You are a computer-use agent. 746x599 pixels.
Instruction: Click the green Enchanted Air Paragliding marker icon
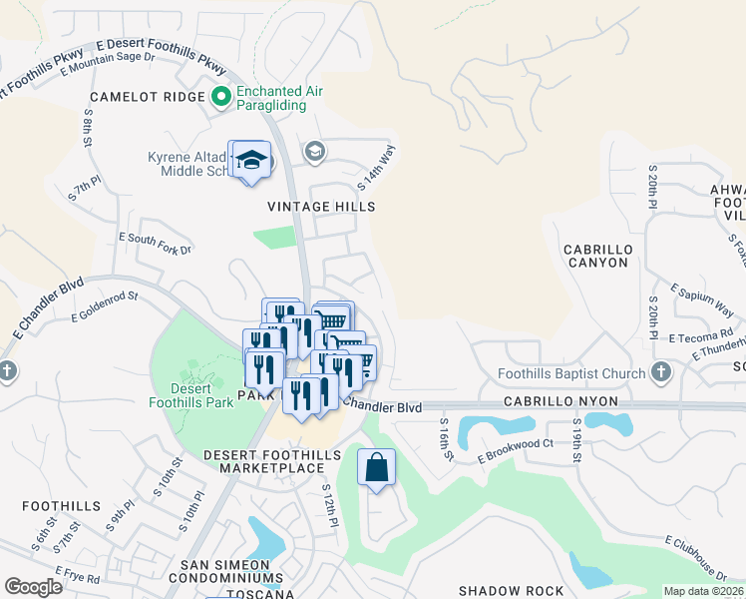221,97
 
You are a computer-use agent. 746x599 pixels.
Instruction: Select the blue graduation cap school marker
252,161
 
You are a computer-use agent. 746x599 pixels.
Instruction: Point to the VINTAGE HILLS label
321,207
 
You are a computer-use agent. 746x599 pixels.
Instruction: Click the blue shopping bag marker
376,467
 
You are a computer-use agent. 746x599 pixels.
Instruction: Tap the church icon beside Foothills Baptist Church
659,373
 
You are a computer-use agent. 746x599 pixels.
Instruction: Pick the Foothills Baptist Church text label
571,375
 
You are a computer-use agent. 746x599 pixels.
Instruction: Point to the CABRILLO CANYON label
595,256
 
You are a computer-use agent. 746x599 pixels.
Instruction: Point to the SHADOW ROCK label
511,591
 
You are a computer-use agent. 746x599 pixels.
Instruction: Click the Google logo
34,587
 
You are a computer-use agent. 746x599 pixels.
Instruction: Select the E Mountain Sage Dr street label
108,64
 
